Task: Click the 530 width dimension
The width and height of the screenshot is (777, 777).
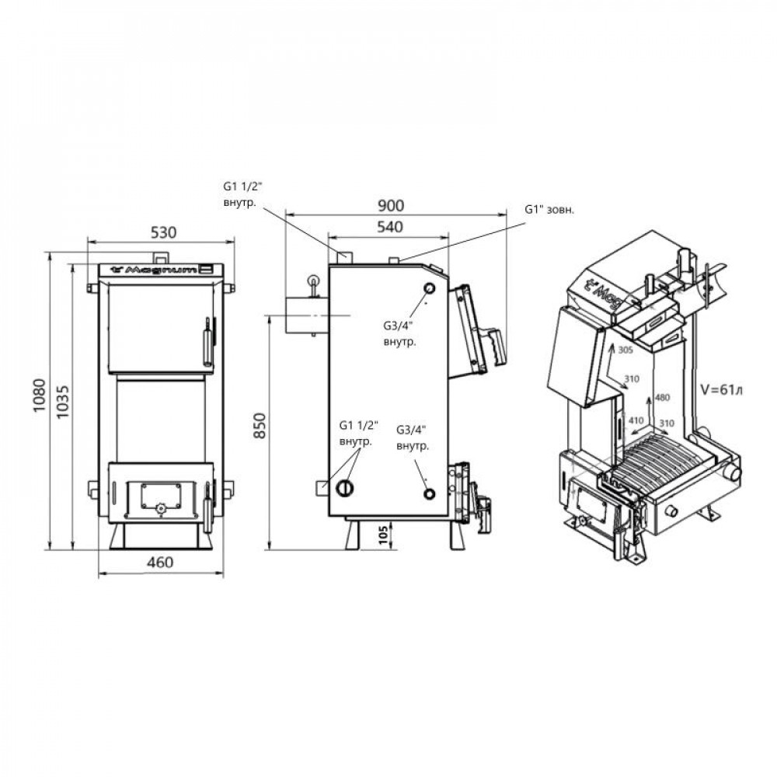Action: (x=163, y=232)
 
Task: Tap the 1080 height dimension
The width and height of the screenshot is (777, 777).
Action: (x=39, y=395)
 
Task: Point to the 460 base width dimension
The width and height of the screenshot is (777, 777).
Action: (x=161, y=563)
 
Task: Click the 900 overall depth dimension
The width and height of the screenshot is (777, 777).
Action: (x=391, y=205)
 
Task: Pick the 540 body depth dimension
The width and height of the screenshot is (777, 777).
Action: (x=390, y=227)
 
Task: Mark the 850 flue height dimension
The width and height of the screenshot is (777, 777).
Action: (x=260, y=425)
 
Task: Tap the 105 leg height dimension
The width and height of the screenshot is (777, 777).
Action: (x=382, y=535)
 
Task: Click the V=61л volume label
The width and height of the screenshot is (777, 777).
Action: (x=722, y=390)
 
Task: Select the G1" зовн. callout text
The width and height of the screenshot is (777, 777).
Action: (x=549, y=210)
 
